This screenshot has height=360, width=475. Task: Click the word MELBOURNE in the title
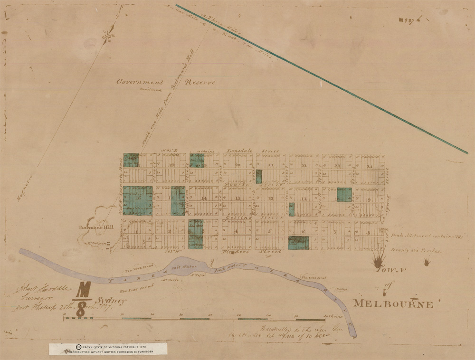[x=393, y=304]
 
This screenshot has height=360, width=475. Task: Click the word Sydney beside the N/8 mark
[x=112, y=301]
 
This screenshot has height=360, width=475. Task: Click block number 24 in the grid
[x=369, y=166]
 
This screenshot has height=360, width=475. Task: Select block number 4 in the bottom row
[x=236, y=231]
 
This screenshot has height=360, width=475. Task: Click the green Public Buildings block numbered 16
[x=137, y=200]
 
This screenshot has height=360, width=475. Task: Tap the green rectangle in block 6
[x=298, y=243]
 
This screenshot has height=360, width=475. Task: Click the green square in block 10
[x=344, y=195]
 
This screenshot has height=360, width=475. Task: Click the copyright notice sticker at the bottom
[x=108, y=349]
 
